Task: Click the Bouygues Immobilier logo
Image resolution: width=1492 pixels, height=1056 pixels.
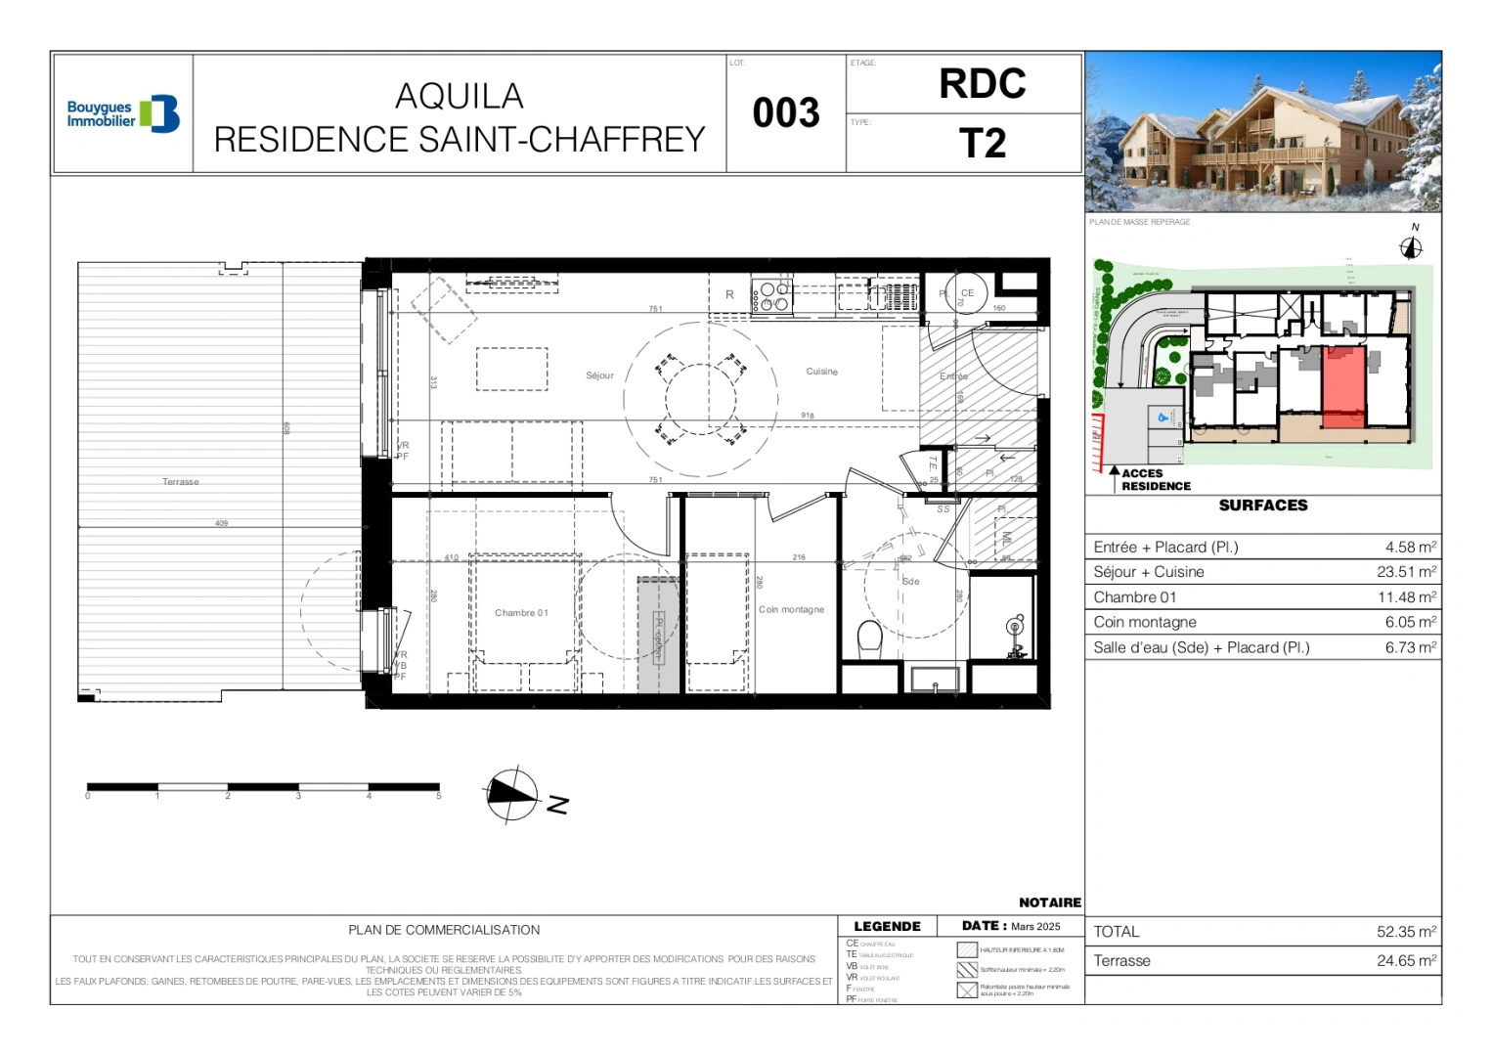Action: point(123,114)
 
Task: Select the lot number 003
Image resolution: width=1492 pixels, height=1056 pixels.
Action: point(786,113)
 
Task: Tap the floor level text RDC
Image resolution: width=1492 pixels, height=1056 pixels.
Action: point(982,84)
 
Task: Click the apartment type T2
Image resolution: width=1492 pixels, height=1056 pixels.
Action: point(982,144)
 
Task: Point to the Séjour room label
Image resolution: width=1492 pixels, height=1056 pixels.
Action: point(599,375)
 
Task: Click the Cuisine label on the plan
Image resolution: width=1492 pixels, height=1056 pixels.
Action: point(821,372)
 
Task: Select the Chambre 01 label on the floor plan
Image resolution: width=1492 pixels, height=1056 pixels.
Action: point(521,613)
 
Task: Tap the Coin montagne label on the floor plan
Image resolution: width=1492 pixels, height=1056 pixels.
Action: point(791,609)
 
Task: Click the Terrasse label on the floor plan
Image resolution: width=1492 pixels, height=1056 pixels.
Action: point(181,482)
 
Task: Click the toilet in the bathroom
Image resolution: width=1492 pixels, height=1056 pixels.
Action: point(870,639)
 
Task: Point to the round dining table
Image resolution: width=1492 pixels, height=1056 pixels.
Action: point(701,399)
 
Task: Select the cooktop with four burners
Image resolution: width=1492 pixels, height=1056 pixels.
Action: point(772,297)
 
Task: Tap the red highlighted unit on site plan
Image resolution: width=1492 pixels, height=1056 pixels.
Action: point(1343,385)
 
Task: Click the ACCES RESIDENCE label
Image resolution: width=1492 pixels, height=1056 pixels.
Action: point(1155,480)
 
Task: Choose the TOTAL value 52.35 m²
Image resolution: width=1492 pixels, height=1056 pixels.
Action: point(1406,932)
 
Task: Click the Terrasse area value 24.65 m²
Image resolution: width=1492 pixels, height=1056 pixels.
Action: point(1406,961)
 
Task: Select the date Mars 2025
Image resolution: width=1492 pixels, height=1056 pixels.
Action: point(1034,926)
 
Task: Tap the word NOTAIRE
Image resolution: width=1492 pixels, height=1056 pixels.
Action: point(1049,902)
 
